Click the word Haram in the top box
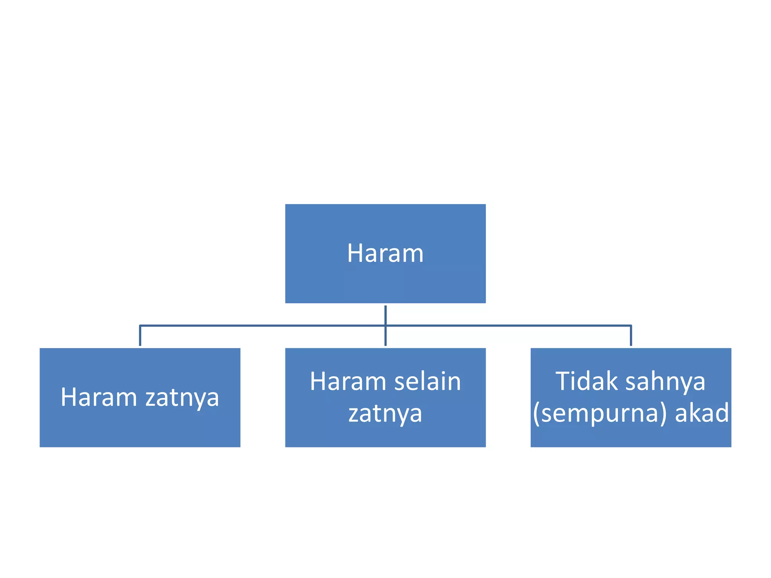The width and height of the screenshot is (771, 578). point(385,253)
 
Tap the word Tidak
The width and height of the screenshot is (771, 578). point(586,382)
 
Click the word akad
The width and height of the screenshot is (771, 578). point(702,413)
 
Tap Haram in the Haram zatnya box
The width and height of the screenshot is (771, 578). point(99,397)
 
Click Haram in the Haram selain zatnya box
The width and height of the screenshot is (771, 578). point(348,382)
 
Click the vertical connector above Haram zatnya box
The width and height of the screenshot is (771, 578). point(140,335)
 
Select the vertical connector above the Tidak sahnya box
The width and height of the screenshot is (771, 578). point(631,335)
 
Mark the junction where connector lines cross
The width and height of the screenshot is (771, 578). point(385,326)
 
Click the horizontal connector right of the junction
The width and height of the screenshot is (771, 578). point(508,326)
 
